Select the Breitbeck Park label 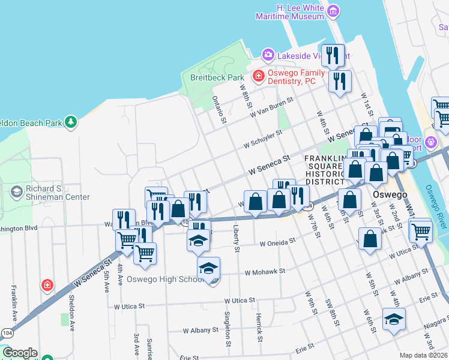point(217,77)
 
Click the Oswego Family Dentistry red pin point(258,76)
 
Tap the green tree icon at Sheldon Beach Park point(71,122)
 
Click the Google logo point(20,353)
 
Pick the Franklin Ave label point(13,302)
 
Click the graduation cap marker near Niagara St point(394,319)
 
